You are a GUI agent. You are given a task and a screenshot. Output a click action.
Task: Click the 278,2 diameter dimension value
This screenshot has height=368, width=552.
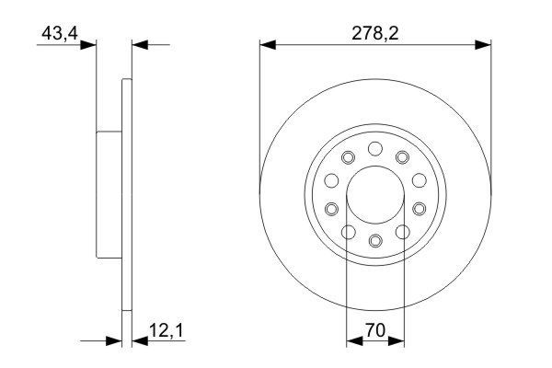click(374, 33)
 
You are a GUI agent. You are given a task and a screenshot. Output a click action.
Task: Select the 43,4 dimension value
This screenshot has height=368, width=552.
click(58, 33)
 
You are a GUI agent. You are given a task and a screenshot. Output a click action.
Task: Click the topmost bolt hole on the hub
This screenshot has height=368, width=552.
click(374, 148)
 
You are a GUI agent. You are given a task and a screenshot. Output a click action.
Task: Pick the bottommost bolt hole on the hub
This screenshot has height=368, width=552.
click(374, 241)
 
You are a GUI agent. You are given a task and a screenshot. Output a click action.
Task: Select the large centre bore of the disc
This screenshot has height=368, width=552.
click(374, 195)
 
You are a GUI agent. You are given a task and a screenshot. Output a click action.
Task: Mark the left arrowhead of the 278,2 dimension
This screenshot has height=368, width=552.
click(268, 43)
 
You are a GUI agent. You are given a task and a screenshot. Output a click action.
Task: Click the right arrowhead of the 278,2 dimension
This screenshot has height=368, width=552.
click(482, 43)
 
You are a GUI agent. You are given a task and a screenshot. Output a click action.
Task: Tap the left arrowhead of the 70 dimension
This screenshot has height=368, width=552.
click(353, 341)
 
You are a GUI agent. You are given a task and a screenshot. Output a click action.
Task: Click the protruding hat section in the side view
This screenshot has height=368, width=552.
click(109, 195)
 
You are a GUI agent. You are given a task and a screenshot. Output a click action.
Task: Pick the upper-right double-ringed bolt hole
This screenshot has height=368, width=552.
click(402, 158)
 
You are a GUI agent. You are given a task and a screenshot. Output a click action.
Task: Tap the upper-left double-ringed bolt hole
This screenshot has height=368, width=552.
click(348, 158)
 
